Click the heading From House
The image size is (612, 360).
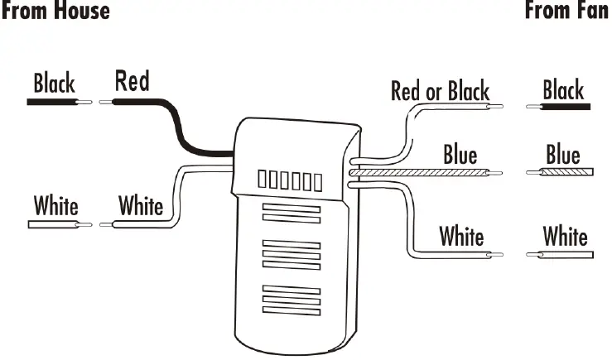[x=55, y=11]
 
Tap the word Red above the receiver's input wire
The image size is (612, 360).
[x=132, y=81]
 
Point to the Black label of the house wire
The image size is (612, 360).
[x=54, y=84]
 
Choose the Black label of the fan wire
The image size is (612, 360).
[x=563, y=89]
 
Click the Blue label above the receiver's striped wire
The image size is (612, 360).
[x=460, y=155]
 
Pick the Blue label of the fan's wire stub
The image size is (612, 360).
[x=563, y=155]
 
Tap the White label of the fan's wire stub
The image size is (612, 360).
[x=565, y=237]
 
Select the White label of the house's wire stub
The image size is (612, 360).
[x=55, y=204]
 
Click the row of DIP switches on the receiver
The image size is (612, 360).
[x=289, y=179]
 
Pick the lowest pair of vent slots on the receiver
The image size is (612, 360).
[x=290, y=299]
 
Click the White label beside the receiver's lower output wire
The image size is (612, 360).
[x=461, y=237]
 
